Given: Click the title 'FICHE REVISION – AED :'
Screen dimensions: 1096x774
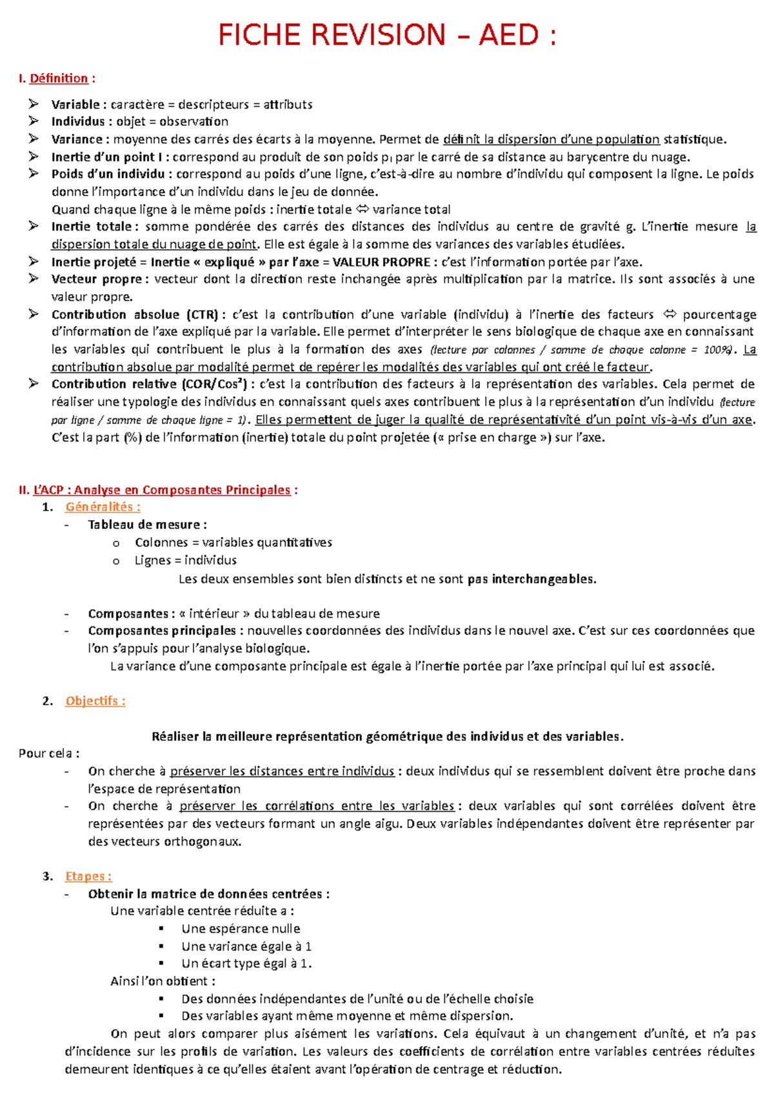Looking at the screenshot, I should (387, 35).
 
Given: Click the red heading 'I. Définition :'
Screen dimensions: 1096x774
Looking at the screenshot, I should (57, 79).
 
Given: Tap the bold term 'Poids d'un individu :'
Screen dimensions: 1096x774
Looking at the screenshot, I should (112, 174).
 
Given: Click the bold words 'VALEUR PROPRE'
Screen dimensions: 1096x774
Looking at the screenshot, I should (381, 262).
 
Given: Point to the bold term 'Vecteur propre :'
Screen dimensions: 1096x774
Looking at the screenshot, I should (100, 279).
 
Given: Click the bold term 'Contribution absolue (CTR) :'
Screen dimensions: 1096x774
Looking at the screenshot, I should (139, 315).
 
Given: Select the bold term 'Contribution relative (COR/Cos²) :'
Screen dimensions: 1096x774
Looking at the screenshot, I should (154, 385).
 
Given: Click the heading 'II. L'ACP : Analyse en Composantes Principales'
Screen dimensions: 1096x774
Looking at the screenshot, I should (158, 490).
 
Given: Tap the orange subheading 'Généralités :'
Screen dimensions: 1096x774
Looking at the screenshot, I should (103, 507).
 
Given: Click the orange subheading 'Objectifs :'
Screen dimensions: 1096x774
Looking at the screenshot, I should (95, 701).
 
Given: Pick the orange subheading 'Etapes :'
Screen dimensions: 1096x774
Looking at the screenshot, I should (88, 877).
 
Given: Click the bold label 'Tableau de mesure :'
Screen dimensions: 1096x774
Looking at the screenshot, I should (147, 525).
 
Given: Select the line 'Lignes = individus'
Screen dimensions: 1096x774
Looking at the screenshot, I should (185, 560).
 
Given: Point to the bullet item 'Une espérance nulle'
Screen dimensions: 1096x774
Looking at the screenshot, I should (241, 929).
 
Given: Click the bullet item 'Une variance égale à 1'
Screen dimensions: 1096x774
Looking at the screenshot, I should (246, 946).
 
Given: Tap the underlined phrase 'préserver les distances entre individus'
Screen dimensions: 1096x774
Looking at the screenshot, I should (282, 771).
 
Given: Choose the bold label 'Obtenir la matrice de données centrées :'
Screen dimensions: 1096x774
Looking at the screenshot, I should (209, 894).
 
